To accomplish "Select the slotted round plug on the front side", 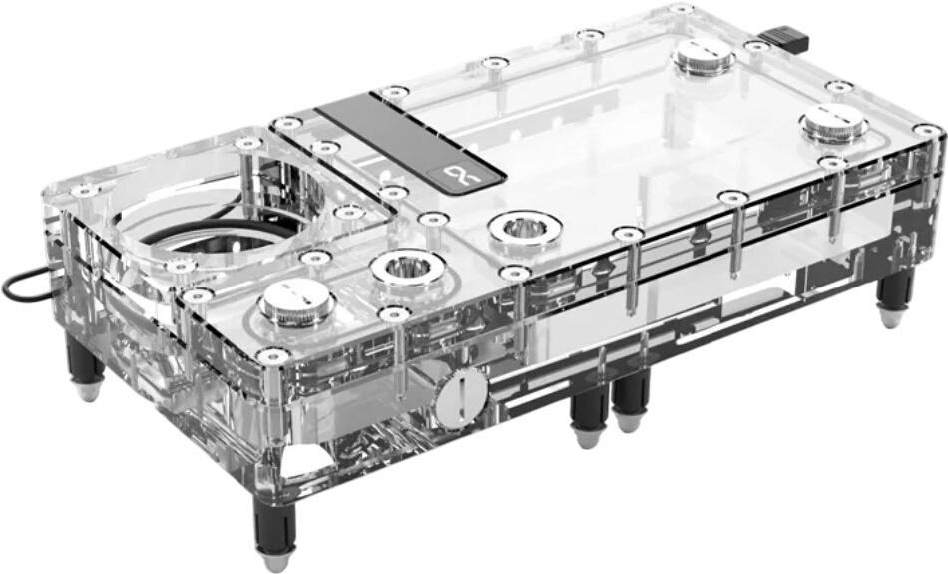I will (x=460, y=396).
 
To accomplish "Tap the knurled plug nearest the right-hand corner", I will (x=833, y=124).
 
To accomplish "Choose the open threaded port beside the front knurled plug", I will (x=406, y=268).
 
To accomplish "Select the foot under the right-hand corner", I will (x=894, y=299).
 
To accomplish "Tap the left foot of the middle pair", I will (x=588, y=415).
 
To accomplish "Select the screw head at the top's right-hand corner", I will (x=926, y=131).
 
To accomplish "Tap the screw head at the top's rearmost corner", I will (x=681, y=10).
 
